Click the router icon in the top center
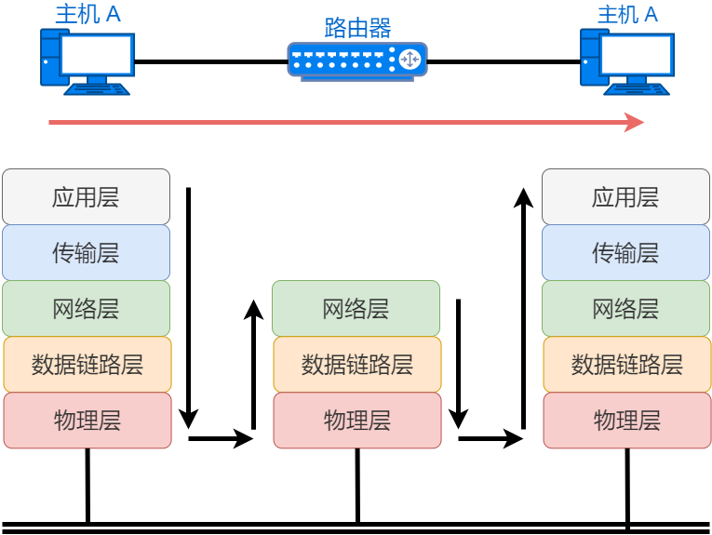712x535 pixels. [x=356, y=60]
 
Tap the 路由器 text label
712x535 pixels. [x=357, y=27]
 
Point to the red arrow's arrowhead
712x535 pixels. [x=636, y=122]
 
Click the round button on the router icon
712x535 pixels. [x=410, y=60]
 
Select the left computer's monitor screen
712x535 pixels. [x=95, y=55]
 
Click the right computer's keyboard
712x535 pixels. [x=638, y=88]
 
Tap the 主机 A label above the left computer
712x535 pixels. [x=87, y=15]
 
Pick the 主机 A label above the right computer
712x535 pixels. [x=627, y=15]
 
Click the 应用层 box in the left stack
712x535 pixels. [x=86, y=196]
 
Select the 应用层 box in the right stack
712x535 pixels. [x=625, y=196]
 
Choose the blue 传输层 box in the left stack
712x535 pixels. [x=86, y=252]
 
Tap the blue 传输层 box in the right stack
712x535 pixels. [x=625, y=252]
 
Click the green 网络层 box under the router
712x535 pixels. [x=356, y=308]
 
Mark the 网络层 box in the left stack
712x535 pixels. [x=86, y=308]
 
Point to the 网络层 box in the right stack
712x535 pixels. [x=625, y=308]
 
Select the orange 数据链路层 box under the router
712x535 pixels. [x=356, y=364]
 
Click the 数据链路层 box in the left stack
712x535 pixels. [x=87, y=364]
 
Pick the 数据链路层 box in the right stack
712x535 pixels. [x=626, y=364]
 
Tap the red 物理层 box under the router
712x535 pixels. [x=356, y=420]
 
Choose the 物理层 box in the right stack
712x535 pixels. [x=626, y=420]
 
